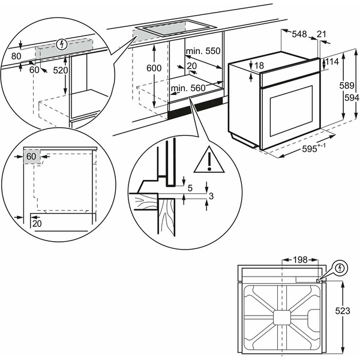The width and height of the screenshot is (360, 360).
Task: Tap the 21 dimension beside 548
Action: pos(322,35)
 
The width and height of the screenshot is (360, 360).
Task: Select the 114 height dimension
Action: pos(333,62)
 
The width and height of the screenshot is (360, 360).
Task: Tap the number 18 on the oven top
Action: pos(259,65)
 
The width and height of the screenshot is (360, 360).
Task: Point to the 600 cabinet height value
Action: pos(154,68)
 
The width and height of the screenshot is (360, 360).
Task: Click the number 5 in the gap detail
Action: pos(190,188)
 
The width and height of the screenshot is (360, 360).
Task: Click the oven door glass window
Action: pos(290,110)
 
